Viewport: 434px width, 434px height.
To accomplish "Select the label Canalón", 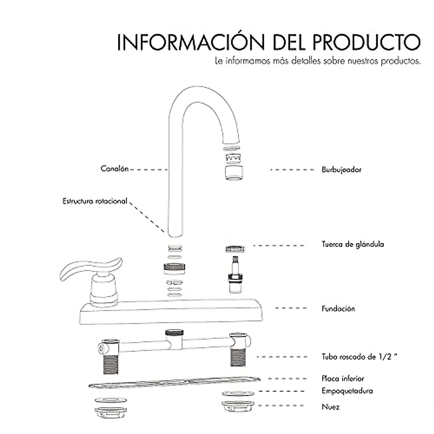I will [114, 169].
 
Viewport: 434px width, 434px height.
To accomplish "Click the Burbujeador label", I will [341, 169].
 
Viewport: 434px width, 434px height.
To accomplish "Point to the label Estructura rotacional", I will [95, 201].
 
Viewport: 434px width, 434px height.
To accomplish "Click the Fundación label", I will [338, 309].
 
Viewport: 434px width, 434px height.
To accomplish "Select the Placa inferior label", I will [342, 379].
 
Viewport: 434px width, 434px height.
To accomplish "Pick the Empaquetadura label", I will [347, 391].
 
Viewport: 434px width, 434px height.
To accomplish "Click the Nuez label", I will [331, 407].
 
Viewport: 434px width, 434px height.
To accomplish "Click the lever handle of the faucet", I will [90, 269].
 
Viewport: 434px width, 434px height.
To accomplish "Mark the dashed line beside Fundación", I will [291, 308].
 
